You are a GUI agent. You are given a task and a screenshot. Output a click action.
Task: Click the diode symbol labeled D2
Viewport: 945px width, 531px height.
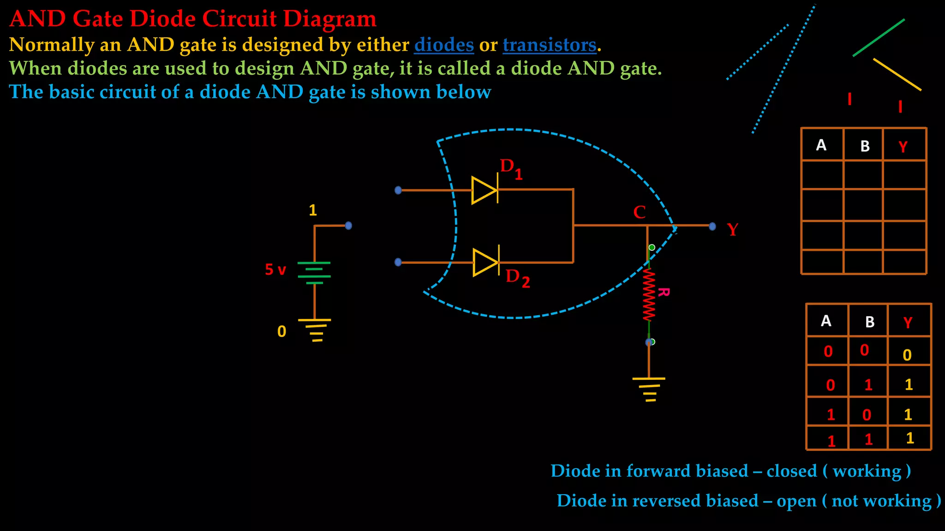coord(486,263)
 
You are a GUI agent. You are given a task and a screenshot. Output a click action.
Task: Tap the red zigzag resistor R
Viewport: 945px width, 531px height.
coord(649,295)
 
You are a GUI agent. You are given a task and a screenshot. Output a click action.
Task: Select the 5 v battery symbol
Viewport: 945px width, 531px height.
coord(314,272)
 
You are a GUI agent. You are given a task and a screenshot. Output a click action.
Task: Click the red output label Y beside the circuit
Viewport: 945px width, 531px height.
coord(732,229)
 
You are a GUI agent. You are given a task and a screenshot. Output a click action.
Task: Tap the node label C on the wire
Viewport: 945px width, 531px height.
coord(639,212)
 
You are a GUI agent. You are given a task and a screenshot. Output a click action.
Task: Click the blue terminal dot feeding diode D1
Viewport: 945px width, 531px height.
coord(398,190)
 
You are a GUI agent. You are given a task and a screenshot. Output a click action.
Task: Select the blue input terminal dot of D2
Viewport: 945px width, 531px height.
coord(398,262)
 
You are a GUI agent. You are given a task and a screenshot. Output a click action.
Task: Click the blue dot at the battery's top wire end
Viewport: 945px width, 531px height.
coord(348,225)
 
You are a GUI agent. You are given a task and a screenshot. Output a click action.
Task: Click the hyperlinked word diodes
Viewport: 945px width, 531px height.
coord(444,45)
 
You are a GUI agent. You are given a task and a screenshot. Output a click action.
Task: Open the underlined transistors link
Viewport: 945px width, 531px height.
coord(550,45)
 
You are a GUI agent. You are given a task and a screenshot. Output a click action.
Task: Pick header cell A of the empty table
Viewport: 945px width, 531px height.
coord(821,145)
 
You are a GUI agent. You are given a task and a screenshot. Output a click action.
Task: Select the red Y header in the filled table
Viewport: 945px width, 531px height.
coord(908,322)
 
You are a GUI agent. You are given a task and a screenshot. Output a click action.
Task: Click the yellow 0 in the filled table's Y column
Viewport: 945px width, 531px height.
coord(907,355)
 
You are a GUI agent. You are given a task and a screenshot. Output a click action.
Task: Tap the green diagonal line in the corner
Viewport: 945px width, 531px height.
coord(879,38)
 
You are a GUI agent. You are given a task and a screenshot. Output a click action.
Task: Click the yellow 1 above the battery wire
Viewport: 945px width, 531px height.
coord(312,211)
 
